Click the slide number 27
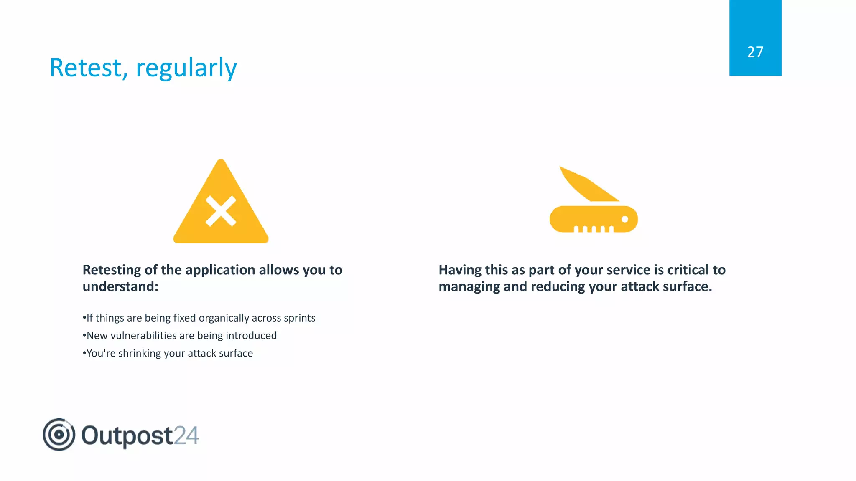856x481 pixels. pos(755,52)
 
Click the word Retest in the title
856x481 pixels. pos(86,68)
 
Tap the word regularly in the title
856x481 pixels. pos(186,68)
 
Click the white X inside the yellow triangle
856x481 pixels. pos(221,211)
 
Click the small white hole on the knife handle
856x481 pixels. pos(624,219)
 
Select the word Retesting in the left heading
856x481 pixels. pos(112,270)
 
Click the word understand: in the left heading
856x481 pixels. pos(120,287)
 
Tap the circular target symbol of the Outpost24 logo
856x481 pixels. pos(59,435)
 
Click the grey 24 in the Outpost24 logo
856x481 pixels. pos(186,435)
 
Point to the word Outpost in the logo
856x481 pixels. pos(127,435)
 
